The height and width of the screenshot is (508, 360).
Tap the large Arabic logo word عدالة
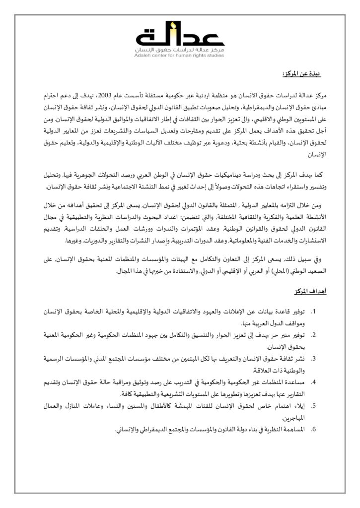click(180, 37)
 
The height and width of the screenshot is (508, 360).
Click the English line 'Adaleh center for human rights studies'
click(180, 56)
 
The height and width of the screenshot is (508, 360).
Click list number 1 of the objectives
click(313, 312)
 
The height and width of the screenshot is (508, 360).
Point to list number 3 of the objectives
click(313, 357)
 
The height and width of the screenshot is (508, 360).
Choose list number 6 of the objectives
click(313, 428)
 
